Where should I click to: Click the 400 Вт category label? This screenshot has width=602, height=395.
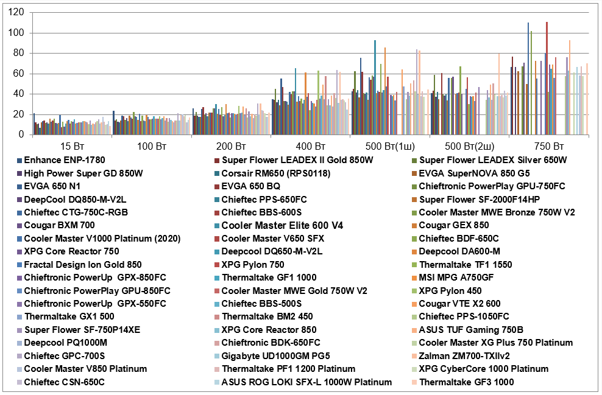pos(311,147)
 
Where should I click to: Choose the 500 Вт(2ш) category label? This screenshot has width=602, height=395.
pos(469,147)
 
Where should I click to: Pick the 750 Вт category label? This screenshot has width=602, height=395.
pos(548,147)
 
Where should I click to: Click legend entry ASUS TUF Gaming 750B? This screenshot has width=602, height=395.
pos(473,330)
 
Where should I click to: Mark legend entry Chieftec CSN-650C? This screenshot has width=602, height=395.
pos(64,382)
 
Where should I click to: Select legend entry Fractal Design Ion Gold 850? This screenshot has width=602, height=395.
pos(83,264)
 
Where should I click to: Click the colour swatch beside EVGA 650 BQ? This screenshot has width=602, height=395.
pos(217,186)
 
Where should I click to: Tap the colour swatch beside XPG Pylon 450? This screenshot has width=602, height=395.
pos(415,290)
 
